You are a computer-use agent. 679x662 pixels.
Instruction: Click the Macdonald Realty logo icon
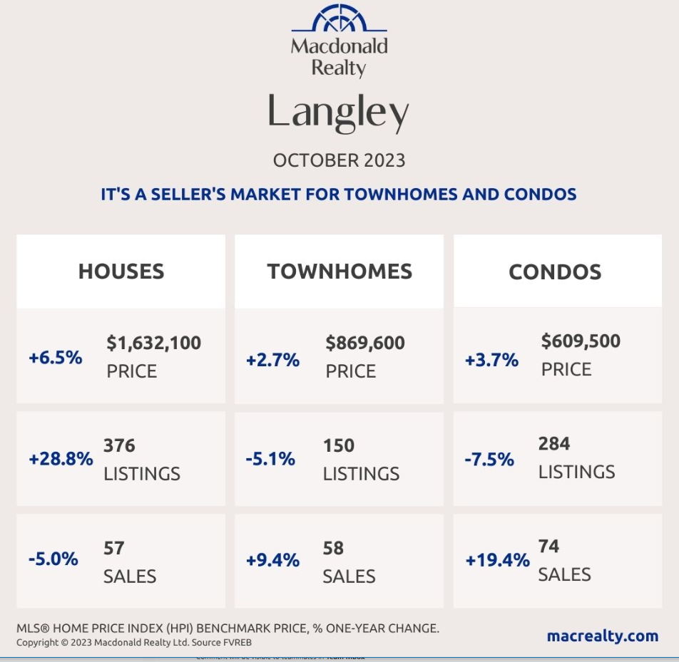click(x=339, y=19)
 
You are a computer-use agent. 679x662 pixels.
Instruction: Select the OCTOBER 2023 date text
click(x=339, y=160)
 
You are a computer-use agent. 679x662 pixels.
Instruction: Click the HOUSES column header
click(x=121, y=271)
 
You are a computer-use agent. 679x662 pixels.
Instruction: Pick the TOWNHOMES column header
click(x=339, y=271)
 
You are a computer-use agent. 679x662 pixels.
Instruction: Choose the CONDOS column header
click(x=555, y=271)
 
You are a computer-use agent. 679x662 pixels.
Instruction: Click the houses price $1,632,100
click(x=154, y=343)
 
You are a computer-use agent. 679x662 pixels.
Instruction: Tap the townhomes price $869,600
click(x=365, y=343)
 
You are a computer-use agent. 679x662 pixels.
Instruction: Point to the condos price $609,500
click(x=581, y=341)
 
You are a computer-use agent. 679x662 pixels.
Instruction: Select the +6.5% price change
click(x=55, y=358)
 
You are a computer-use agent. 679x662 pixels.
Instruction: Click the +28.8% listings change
click(x=61, y=460)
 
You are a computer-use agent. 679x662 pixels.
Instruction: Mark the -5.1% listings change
click(x=270, y=460)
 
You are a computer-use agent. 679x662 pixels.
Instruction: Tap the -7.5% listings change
click(x=489, y=460)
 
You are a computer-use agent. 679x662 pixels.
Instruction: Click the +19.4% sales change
click(x=497, y=561)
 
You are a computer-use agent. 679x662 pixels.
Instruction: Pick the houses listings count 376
click(x=119, y=446)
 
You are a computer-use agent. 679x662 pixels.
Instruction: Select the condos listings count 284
click(x=554, y=444)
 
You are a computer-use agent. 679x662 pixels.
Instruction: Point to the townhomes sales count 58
click(x=333, y=549)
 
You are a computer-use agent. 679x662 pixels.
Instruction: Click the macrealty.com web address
click(x=603, y=636)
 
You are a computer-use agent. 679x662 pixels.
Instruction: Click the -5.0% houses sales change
click(x=53, y=559)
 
